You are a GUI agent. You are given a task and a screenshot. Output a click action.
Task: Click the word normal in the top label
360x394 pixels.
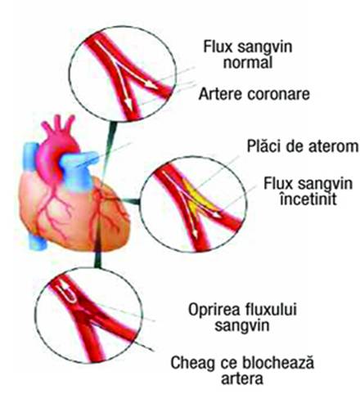[x=248, y=62]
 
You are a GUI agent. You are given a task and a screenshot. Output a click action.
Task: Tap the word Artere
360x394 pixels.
[x=220, y=94]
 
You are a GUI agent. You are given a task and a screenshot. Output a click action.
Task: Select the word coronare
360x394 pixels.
[x=278, y=95]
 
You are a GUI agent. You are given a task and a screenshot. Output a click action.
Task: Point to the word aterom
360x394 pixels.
[x=333, y=146]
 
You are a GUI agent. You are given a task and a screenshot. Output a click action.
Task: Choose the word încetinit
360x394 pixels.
[x=308, y=199]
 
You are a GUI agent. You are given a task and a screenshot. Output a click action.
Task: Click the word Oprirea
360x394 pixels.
[x=213, y=310]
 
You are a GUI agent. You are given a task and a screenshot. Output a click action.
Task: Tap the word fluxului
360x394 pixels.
[x=270, y=309]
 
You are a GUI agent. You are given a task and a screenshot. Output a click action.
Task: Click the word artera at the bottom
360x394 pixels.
[x=242, y=378]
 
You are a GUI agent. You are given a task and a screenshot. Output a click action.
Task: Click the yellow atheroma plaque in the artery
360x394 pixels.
[x=196, y=195]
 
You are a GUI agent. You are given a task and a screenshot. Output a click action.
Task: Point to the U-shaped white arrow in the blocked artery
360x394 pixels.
[x=68, y=293]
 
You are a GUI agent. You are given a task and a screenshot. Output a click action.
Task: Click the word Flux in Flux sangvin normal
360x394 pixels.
[x=217, y=47]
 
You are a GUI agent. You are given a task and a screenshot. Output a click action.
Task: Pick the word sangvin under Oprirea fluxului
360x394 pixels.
[x=242, y=326]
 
